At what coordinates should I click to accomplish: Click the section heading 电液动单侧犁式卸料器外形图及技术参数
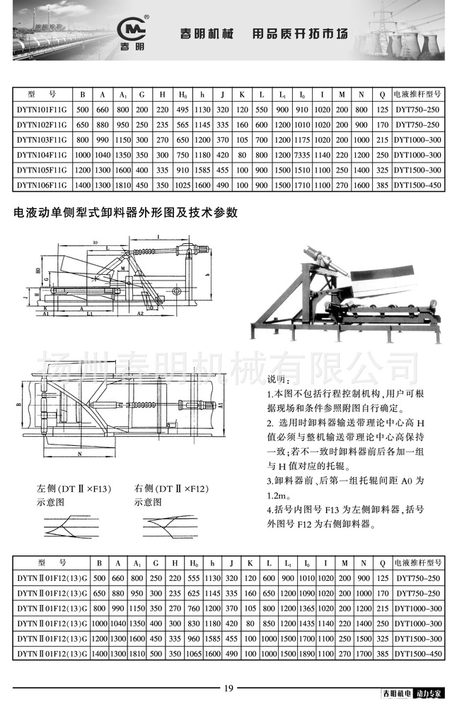[x=121, y=211]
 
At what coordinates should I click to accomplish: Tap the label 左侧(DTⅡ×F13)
[x=74, y=488]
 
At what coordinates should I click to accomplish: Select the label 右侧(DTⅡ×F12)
[x=170, y=488]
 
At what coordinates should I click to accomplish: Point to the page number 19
[x=228, y=689]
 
